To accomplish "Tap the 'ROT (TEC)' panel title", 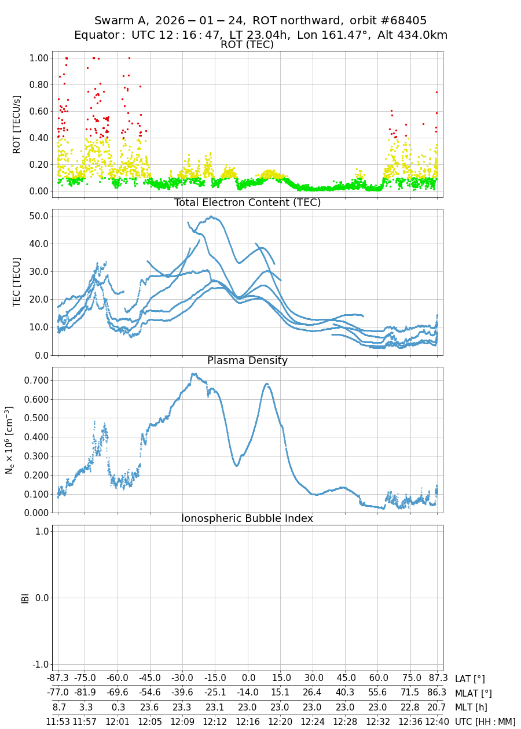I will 247,45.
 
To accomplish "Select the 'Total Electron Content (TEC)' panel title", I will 247,203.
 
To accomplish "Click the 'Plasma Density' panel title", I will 247,360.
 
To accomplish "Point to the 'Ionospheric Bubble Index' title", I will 247,518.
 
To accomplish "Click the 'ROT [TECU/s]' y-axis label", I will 17,124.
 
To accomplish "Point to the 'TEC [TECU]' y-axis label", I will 17,282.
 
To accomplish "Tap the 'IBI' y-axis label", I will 25,598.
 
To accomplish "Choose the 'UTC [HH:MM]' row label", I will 485,721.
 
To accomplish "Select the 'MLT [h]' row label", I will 470,707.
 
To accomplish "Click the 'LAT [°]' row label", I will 469,679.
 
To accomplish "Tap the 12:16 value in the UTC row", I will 248,721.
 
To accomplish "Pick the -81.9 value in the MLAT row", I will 85,693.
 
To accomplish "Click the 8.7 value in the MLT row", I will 58,707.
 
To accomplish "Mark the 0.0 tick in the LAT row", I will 248,679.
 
